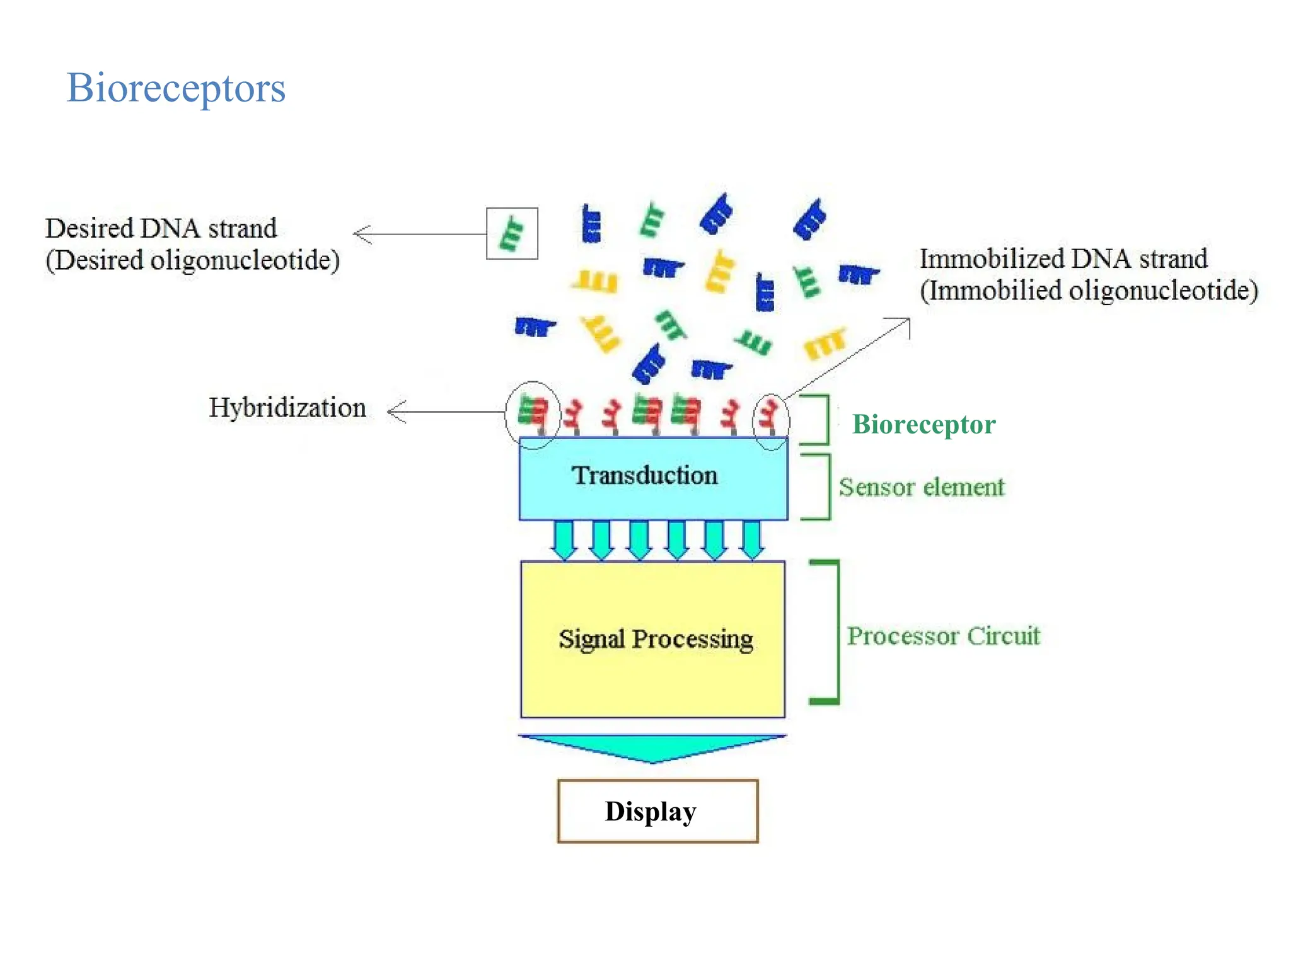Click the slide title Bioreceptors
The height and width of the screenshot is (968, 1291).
[x=176, y=88]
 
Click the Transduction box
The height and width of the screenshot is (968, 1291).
[x=653, y=478]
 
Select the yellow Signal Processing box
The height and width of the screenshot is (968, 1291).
[x=653, y=639]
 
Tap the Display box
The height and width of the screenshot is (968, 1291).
[x=657, y=810]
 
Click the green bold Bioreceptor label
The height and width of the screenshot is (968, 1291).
[x=923, y=424]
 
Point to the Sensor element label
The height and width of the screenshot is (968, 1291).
[x=921, y=487]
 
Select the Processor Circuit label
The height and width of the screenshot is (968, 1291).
[x=943, y=636]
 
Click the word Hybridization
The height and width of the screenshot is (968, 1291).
[x=287, y=408]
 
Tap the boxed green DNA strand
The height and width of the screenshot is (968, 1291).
[x=511, y=233]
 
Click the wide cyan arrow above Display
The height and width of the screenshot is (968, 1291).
[x=652, y=747]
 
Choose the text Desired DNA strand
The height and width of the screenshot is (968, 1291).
[x=161, y=228]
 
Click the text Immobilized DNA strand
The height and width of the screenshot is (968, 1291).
[x=1063, y=258]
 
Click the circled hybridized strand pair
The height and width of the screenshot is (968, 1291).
[x=532, y=413]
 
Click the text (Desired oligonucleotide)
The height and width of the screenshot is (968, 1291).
[x=192, y=260]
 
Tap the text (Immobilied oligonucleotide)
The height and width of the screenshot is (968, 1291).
[x=1089, y=291]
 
